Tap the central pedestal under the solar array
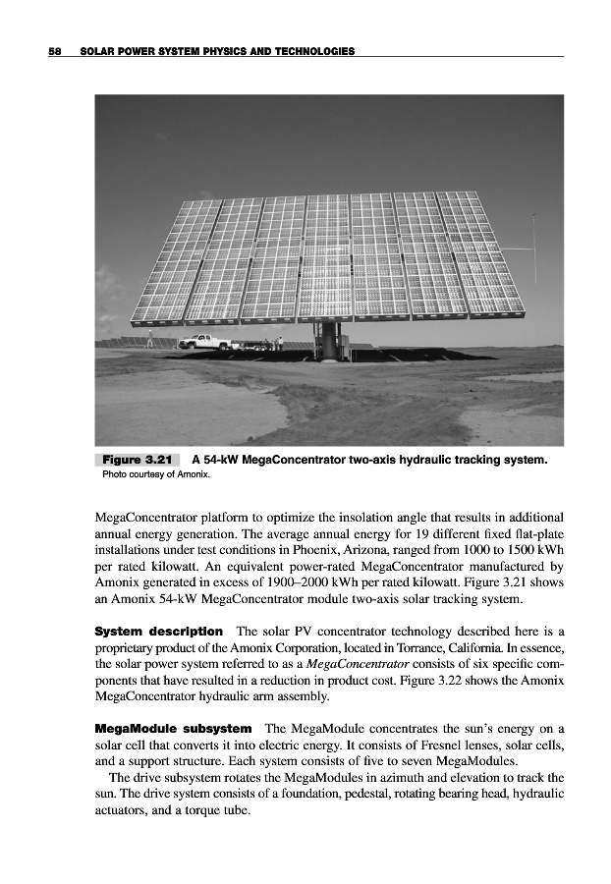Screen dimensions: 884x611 (325, 342)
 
